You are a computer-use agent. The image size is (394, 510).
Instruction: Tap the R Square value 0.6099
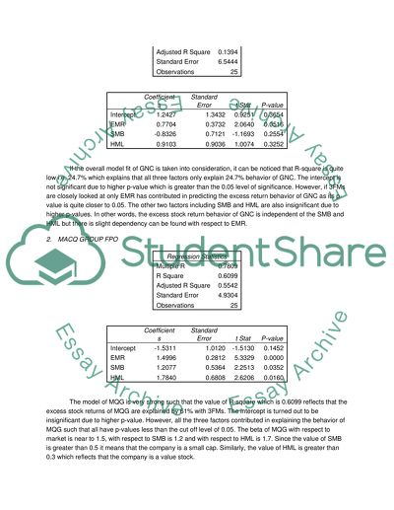pyautogui.click(x=228, y=276)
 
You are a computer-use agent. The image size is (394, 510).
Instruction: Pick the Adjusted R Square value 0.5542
pyautogui.click(x=228, y=286)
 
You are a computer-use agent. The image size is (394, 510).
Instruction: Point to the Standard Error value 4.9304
pyautogui.click(x=228, y=296)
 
